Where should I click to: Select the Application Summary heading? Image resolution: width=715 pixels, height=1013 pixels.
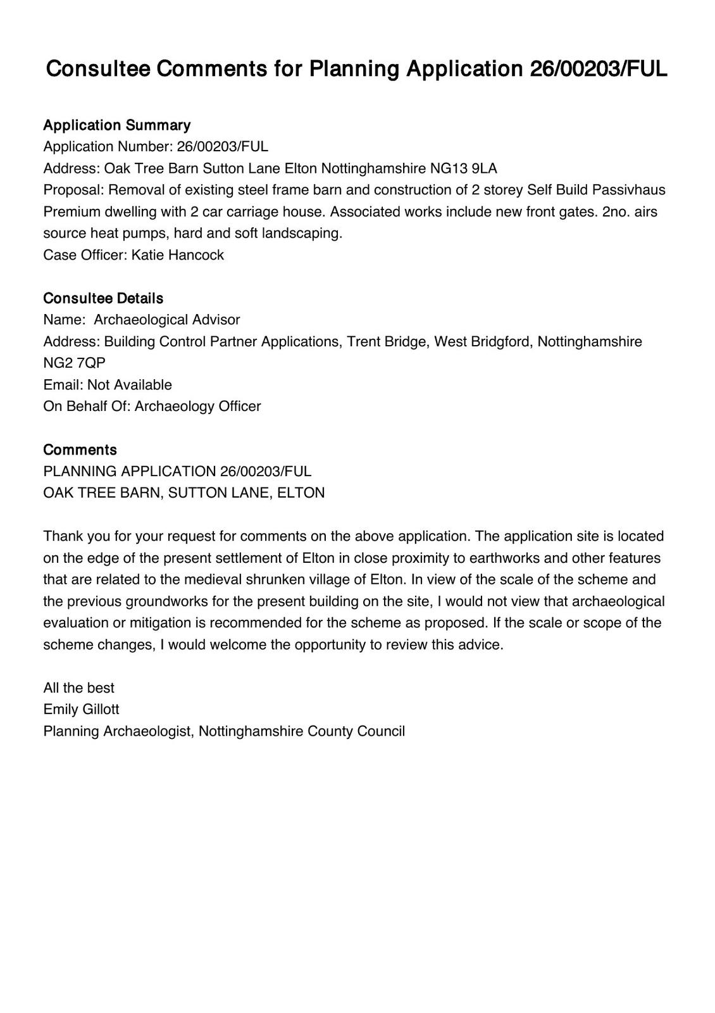click(x=116, y=125)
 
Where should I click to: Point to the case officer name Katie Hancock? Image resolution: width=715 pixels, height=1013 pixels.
click(x=177, y=255)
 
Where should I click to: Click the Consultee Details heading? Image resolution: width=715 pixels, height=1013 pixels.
click(x=103, y=298)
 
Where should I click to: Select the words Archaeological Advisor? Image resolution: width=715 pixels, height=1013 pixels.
click(x=167, y=320)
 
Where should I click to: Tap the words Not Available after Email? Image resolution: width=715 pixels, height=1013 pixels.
click(x=129, y=385)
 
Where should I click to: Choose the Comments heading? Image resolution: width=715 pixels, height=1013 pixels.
click(x=80, y=450)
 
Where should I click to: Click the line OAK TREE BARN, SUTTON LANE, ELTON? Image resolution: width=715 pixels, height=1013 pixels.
click(x=183, y=493)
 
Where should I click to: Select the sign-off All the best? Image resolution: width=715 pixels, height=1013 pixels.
click(x=78, y=688)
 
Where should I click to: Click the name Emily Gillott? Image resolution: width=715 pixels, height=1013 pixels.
click(x=81, y=710)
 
